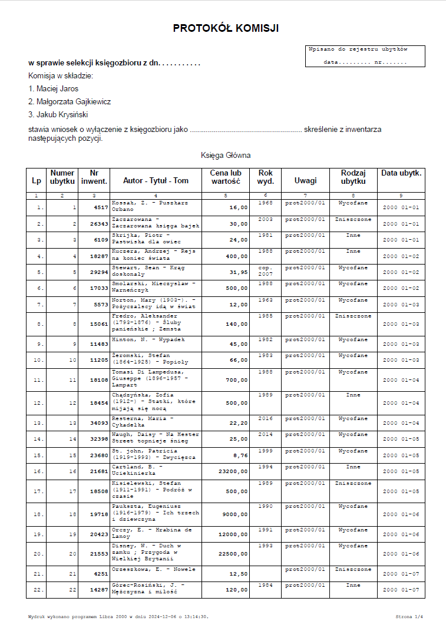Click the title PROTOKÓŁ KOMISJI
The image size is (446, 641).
[x=226, y=28]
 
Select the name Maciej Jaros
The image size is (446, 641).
[x=53, y=88]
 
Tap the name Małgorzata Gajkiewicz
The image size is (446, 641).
[x=70, y=101]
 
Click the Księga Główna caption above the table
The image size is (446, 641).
[x=226, y=156]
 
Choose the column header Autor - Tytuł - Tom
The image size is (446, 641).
[x=156, y=180]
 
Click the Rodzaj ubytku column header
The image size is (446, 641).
[x=354, y=177]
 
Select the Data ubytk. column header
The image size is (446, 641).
[x=401, y=173]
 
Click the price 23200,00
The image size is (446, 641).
[x=233, y=472]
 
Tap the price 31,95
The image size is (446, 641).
[x=238, y=272]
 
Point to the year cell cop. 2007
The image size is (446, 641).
[x=265, y=271]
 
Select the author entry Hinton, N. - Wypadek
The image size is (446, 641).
[x=148, y=340]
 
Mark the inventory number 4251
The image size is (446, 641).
[x=101, y=574]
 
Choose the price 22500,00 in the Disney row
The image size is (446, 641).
[x=233, y=554]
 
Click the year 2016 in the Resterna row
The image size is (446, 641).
[x=265, y=419]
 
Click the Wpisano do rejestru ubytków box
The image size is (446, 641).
[x=365, y=56]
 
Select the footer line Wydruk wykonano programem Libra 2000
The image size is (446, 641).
[x=118, y=617]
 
